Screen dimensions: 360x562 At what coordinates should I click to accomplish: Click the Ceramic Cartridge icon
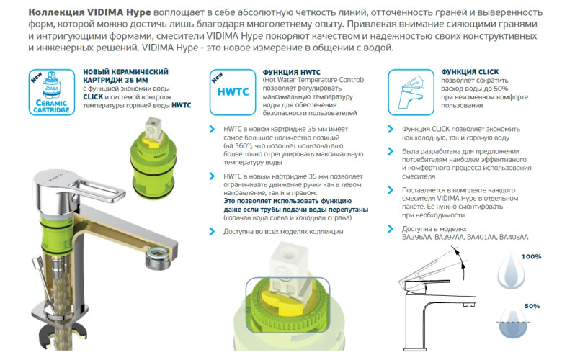pyautogui.click(x=50, y=92)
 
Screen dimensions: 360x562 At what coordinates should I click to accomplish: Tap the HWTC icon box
pyautogui.click(x=230, y=92)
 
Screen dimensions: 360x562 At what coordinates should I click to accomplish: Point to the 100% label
pyautogui.click(x=531, y=257)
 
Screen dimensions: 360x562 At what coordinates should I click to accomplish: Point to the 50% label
pyautogui.click(x=532, y=307)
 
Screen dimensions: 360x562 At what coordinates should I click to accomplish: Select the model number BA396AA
pyautogui.click(x=418, y=237)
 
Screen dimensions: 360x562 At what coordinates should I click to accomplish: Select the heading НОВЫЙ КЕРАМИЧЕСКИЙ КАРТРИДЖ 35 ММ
pyautogui.click(x=126, y=77)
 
